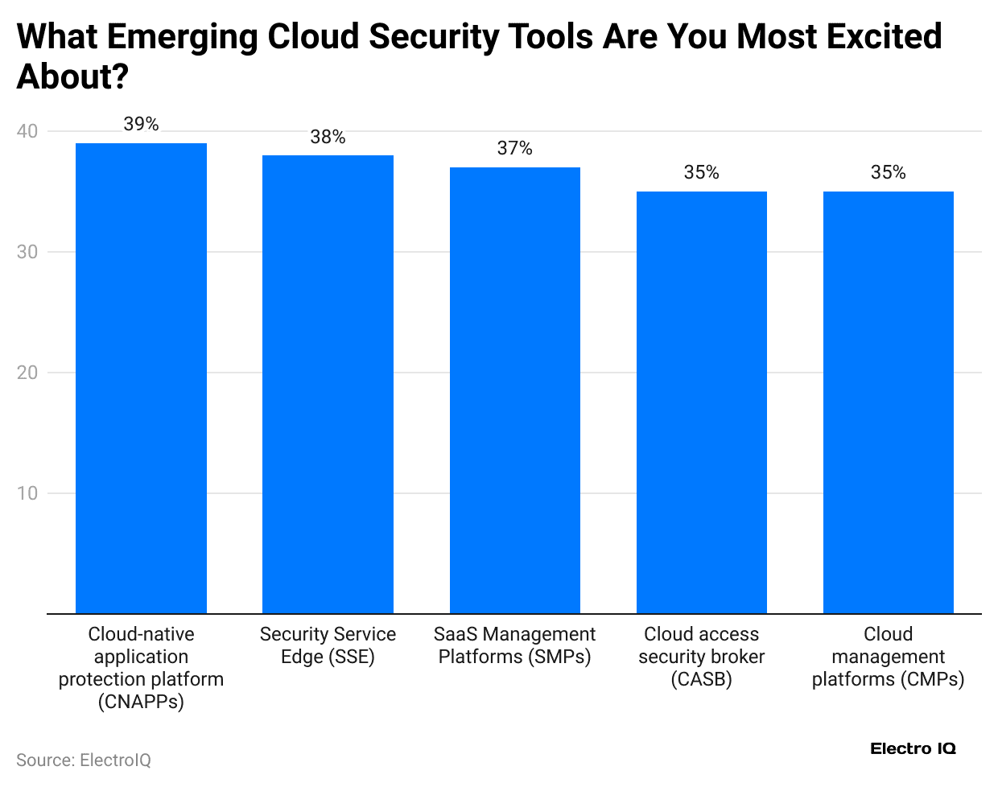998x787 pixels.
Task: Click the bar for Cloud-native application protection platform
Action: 141,378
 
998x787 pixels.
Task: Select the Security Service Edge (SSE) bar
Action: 328,384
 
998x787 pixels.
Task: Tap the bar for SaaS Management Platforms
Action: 514,390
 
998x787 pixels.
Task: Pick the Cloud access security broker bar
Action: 701,402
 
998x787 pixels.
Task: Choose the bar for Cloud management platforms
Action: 888,402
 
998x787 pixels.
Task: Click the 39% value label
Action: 141,124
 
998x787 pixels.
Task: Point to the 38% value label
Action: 328,137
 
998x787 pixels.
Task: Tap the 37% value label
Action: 514,148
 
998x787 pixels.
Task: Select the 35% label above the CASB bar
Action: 701,172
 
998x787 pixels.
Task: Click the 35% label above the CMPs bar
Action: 888,172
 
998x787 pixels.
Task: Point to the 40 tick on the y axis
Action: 27,131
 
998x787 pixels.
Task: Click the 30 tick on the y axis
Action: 27,252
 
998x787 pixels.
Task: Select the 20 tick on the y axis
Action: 27,373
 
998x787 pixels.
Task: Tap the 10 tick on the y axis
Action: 27,493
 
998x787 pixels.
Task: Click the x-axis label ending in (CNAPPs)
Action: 141,668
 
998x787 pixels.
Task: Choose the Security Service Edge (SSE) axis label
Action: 328,645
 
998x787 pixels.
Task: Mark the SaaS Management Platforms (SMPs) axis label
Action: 514,645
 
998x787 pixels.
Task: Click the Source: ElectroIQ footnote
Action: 84,760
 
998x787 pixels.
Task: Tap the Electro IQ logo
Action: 913,748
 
